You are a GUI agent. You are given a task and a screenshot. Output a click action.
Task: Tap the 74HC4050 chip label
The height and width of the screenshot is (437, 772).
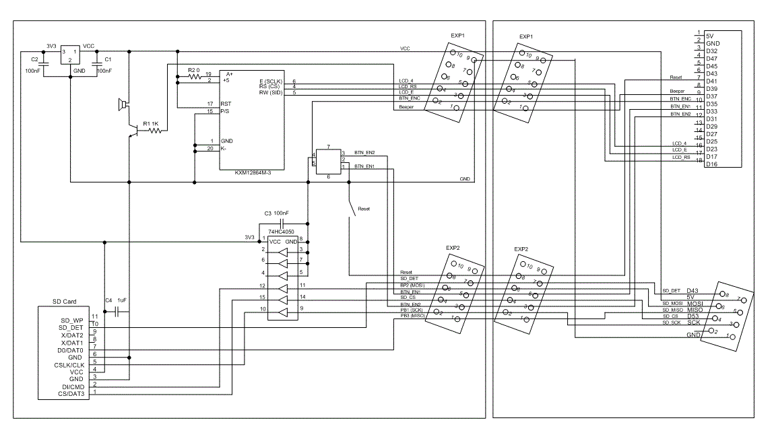pos(281,231)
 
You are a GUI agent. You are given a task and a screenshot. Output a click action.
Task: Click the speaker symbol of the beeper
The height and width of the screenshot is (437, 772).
pos(122,104)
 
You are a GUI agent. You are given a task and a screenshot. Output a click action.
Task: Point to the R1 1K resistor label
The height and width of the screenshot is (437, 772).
pos(150,124)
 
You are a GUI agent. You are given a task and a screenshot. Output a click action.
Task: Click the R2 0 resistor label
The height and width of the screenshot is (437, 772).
pos(194,70)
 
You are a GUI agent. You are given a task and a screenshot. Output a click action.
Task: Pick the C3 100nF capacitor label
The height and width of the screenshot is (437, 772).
pos(276,213)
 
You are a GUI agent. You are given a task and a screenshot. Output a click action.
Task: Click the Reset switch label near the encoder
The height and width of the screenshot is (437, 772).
pos(364,209)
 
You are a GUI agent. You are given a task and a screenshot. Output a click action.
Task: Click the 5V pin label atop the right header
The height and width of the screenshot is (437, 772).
pos(710,35)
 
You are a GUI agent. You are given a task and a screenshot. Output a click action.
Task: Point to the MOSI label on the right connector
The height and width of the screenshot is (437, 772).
pos(695,304)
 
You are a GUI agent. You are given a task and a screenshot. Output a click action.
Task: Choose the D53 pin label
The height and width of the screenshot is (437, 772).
pos(693,316)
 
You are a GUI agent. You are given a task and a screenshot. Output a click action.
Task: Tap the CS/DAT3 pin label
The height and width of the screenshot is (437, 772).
pos(71,394)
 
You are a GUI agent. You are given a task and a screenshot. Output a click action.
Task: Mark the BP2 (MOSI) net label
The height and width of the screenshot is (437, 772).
pos(414,285)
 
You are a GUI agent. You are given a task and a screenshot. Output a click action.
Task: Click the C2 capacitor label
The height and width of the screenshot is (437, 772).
pos(34,60)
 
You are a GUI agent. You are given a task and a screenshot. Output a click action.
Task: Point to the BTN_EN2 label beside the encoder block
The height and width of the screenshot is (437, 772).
pos(364,154)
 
